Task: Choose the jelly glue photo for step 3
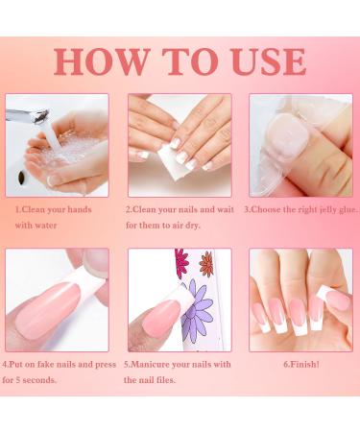[300, 145]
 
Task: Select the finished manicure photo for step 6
[300, 300]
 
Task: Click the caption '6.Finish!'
[300, 365]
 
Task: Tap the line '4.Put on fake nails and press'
[60, 365]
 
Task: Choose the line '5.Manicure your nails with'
[177, 365]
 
